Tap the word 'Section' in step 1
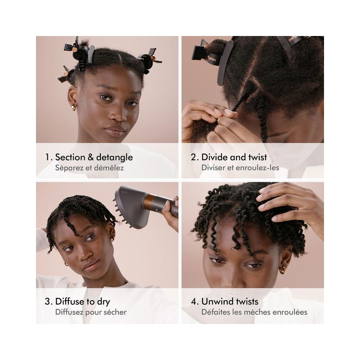(x=70, y=157)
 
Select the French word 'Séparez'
(x=69, y=168)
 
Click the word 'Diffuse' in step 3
(x=70, y=301)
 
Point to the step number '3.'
(x=49, y=301)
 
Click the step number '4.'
(x=195, y=301)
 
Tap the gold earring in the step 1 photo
(x=74, y=108)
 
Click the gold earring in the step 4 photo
(x=283, y=270)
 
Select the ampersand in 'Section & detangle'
(x=91, y=157)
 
